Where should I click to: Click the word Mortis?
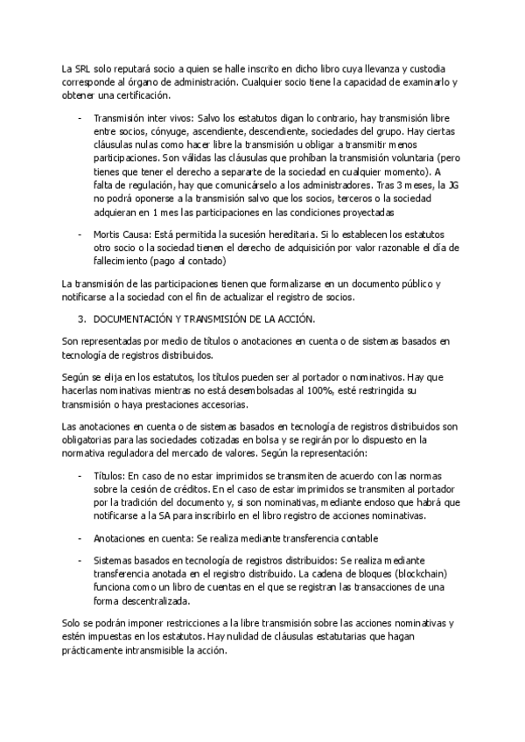pos(108,234)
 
